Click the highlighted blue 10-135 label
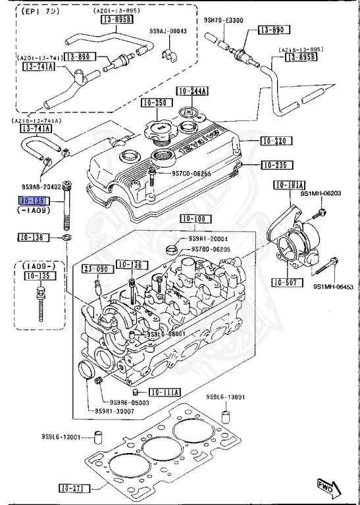click(32, 201)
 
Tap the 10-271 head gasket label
click(73, 488)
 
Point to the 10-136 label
click(130, 264)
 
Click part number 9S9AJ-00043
click(168, 31)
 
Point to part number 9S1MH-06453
click(333, 287)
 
